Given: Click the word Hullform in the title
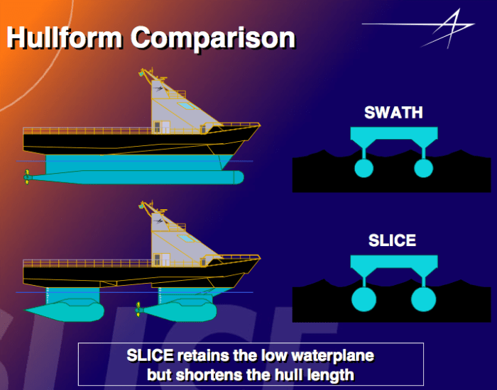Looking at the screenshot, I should tap(62, 37).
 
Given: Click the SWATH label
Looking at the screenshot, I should tap(393, 112).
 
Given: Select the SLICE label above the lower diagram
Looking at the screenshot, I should tap(392, 240).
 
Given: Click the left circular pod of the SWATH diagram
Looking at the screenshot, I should tap(364, 168).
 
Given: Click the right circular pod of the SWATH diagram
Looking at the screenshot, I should tap(423, 168).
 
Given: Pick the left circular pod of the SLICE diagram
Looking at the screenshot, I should tap(364, 298).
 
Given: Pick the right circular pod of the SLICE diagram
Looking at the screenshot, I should tap(423, 298).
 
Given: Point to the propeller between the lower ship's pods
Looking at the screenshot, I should tap(138, 309).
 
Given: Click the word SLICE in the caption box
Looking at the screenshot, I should tap(151, 355).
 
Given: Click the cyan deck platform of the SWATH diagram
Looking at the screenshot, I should tap(393, 134).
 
